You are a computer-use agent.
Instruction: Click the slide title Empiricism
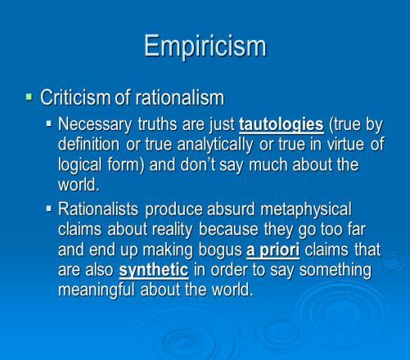[205, 46]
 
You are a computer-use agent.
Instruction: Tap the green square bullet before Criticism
[29, 97]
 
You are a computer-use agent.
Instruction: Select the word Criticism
[75, 97]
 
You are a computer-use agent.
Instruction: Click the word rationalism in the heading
[180, 97]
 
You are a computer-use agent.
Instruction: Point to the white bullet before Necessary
[49, 124]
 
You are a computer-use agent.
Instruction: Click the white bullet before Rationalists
[49, 209]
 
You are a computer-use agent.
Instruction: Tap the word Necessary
[95, 125]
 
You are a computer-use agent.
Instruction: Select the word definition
[88, 144]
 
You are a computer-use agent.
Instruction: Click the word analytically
[215, 145]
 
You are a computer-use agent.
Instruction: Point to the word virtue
[345, 144]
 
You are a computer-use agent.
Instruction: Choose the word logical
[79, 165]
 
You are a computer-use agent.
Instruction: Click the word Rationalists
[98, 209]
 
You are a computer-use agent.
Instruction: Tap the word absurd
[231, 209]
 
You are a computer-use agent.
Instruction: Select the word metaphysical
[306, 210]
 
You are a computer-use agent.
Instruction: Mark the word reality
[172, 230]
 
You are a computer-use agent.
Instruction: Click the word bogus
[220, 250]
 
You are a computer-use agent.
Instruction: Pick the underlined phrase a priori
[273, 250]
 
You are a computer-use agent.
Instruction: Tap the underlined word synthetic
[154, 271]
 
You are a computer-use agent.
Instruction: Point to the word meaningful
[97, 290]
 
